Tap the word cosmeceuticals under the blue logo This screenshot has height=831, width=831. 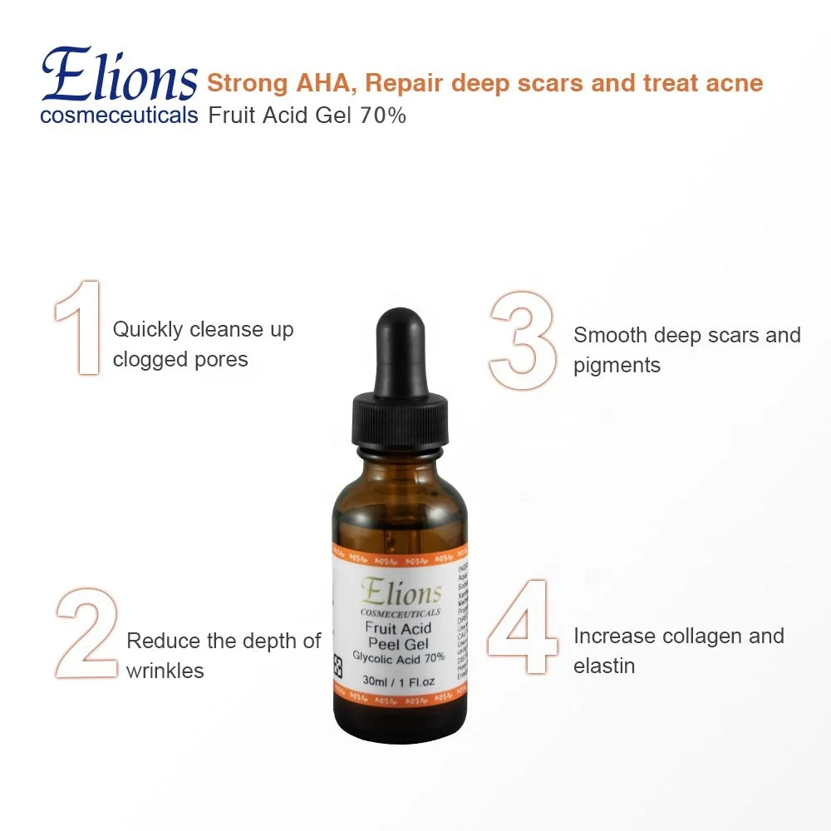[119, 115]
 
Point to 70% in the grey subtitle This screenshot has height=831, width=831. [383, 116]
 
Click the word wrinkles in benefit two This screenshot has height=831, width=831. [165, 671]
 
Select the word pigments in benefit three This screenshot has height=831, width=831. [617, 366]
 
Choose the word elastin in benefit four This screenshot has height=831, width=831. [604, 666]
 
